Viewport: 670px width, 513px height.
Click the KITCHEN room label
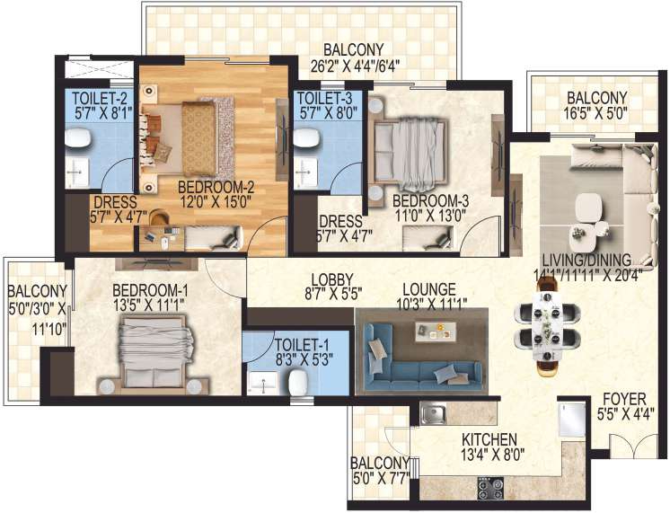point(489,439)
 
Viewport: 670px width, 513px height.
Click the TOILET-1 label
point(296,345)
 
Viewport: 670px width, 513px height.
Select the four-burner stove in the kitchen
point(490,489)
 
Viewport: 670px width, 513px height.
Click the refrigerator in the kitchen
point(571,420)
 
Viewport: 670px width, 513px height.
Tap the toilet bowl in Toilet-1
point(297,384)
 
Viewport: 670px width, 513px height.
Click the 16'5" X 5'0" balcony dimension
point(596,114)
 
